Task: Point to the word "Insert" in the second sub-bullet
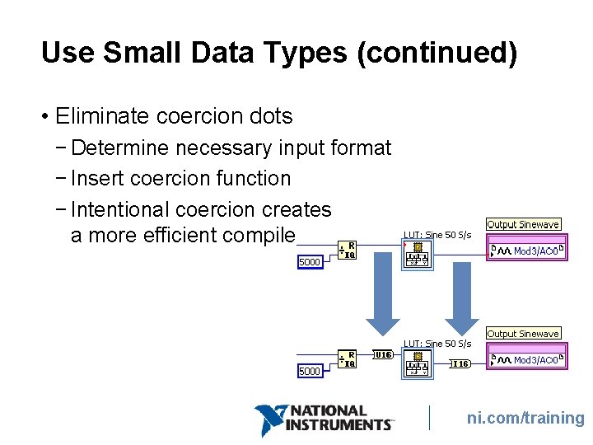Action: tap(96, 179)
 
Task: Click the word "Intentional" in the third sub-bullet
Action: tap(120, 210)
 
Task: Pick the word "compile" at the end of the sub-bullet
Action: tap(264, 235)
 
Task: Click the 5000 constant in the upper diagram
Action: tap(309, 262)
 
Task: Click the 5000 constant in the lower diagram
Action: tap(309, 372)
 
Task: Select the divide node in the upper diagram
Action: tap(348, 250)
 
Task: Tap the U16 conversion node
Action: tap(383, 355)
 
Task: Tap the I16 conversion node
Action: tap(460, 363)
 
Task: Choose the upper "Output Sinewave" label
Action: tap(523, 224)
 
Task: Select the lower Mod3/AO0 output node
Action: tap(527, 359)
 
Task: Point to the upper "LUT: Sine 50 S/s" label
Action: tap(437, 235)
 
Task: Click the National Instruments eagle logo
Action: tap(270, 419)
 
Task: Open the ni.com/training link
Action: tap(525, 419)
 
